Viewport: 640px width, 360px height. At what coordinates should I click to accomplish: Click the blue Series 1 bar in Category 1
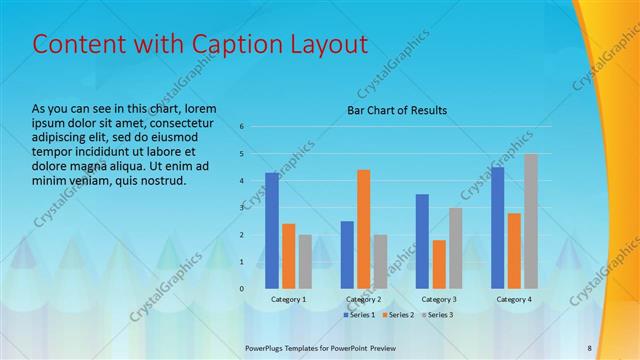272,230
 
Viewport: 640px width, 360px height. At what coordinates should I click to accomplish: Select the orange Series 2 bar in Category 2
363,229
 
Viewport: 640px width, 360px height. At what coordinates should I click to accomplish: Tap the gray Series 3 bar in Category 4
531,221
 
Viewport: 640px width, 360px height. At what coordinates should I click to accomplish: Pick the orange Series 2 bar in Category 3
439,264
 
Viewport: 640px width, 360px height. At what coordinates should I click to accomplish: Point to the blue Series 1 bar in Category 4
498,227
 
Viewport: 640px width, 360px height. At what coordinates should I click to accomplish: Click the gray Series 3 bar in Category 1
305,261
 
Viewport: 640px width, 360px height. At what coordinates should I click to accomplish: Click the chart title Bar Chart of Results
397,110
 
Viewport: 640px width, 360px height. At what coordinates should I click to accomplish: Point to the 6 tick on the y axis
241,127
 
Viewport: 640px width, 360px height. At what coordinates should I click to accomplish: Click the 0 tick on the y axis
241,288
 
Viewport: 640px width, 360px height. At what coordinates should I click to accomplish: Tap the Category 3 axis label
439,299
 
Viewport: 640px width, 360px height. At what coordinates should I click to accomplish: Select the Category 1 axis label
289,299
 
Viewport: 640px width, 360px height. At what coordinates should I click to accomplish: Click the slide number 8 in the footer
589,348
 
